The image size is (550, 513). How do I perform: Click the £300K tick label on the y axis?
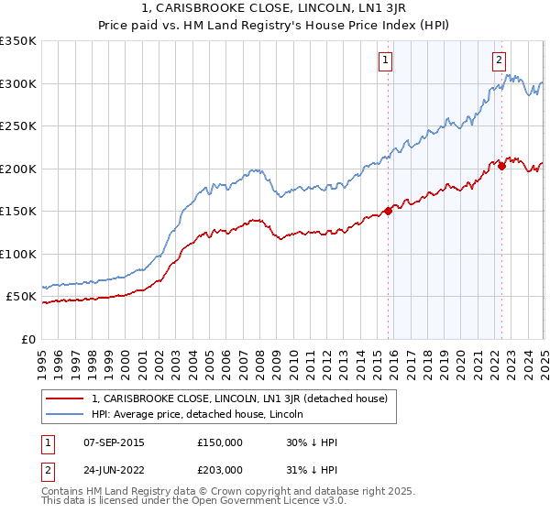tap(18, 83)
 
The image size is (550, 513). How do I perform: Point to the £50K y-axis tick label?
tap(21, 297)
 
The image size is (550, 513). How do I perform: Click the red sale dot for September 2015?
tap(388, 211)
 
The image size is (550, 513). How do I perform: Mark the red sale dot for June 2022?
tap(501, 166)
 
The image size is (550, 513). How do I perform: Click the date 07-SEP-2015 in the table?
tap(113, 442)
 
